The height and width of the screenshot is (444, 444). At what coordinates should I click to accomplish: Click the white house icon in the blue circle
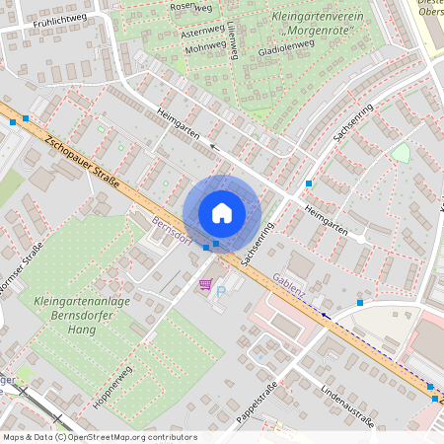(x=222, y=212)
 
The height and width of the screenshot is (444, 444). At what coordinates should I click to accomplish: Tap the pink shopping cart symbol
(x=205, y=284)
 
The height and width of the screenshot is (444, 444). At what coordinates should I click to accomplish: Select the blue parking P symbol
(x=221, y=292)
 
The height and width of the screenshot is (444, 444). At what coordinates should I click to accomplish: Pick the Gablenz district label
(x=290, y=285)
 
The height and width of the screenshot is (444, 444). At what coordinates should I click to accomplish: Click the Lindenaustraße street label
(x=346, y=407)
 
